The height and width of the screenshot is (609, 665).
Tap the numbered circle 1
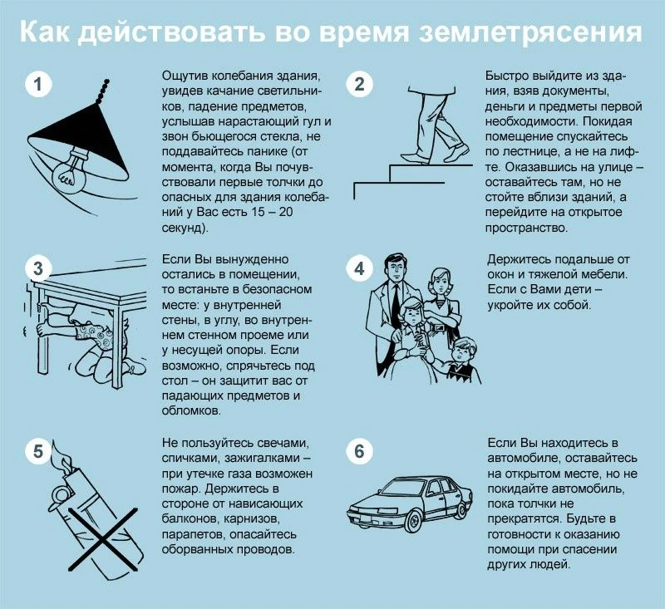37,84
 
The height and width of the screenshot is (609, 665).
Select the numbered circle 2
359,84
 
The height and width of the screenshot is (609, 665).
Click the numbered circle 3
37,268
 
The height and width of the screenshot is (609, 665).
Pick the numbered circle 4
359,268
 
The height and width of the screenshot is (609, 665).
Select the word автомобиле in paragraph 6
525,458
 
